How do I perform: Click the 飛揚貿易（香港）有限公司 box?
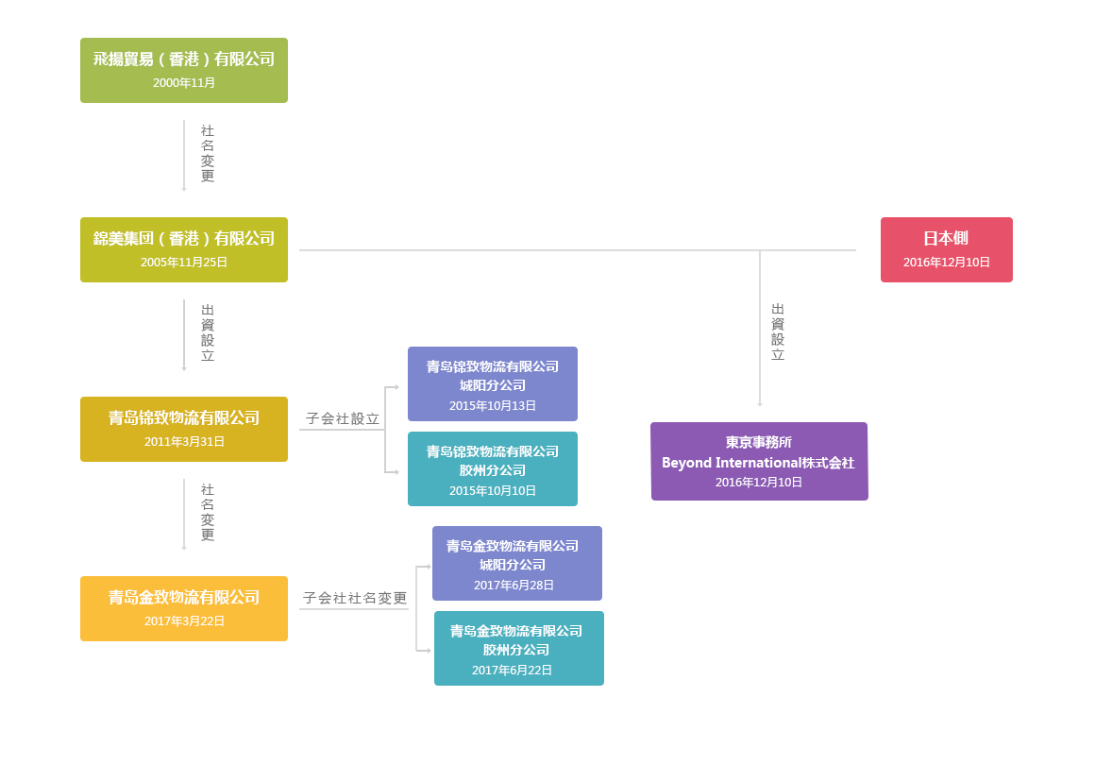(x=184, y=70)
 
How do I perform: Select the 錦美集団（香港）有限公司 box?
(x=184, y=249)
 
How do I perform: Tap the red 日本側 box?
(x=946, y=249)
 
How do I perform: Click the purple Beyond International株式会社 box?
(x=759, y=461)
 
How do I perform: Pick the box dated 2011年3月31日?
(x=184, y=429)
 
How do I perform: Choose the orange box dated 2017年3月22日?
(x=184, y=608)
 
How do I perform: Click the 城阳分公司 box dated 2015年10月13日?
(x=492, y=383)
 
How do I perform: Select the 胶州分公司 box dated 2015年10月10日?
(x=492, y=468)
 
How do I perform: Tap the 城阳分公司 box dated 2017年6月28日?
(x=516, y=563)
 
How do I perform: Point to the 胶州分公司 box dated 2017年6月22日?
(x=518, y=648)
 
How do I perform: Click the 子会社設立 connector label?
(x=343, y=418)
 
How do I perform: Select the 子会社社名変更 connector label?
(x=355, y=598)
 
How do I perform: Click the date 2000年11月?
(x=184, y=83)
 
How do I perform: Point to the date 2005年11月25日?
(x=184, y=263)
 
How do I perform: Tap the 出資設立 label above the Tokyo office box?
(x=778, y=332)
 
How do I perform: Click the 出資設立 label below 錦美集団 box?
(x=208, y=333)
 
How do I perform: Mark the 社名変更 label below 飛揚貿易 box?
(x=208, y=154)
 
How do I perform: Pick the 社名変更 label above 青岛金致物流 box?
(x=208, y=513)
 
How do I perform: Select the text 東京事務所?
(x=759, y=442)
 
